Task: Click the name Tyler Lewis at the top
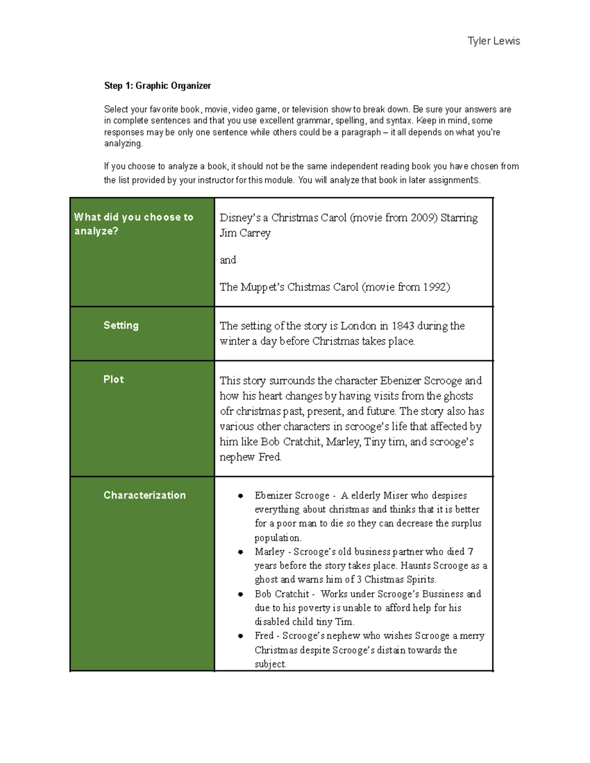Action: (494, 41)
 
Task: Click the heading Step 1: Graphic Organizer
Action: (157, 86)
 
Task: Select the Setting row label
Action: (121, 325)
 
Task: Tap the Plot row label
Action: (114, 379)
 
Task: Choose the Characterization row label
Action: (145, 495)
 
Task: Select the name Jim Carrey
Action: (245, 233)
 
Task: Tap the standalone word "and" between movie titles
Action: (228, 260)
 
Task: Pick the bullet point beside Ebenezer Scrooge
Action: (240, 496)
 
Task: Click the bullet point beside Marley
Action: (240, 552)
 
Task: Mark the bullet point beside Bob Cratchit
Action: (240, 594)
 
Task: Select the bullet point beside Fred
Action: (240, 636)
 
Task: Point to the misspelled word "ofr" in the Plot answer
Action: (226, 411)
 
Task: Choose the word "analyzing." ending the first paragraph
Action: (123, 144)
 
